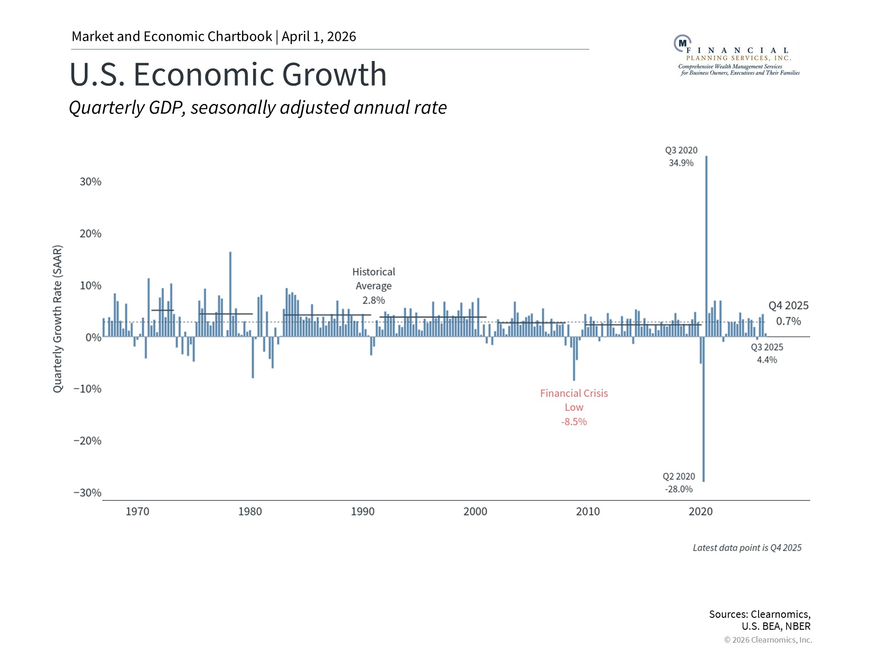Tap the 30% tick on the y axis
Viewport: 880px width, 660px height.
90,182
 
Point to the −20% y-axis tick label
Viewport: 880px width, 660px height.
88,441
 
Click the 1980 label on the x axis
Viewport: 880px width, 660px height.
250,511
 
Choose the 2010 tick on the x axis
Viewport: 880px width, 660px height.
588,511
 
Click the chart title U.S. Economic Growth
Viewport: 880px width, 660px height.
228,74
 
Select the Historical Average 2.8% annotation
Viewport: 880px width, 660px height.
374,286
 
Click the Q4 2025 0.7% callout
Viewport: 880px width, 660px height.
788,313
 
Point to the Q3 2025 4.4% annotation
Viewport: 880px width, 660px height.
767,353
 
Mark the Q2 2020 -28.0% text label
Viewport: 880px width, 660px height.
679,483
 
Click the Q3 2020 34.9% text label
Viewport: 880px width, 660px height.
681,156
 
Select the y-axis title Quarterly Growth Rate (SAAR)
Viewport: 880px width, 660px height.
57,319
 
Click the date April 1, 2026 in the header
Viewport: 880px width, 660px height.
319,37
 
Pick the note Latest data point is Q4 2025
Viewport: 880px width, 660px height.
747,548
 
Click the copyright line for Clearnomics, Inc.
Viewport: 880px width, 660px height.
768,640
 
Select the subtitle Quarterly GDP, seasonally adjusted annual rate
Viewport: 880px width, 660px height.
258,108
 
